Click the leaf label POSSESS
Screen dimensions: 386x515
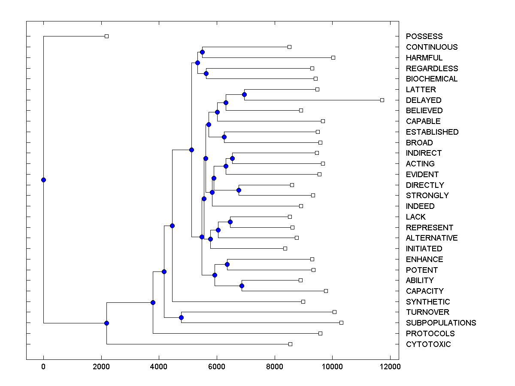pyautogui.click(x=424, y=36)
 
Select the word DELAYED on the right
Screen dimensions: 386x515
pyautogui.click(x=423, y=100)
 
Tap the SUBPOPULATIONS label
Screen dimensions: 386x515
pyautogui.click(x=441, y=323)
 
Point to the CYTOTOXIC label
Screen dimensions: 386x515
pyautogui.click(x=428, y=344)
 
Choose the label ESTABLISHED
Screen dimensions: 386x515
pyautogui.click(x=432, y=132)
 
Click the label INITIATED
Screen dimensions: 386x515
pyautogui.click(x=424, y=249)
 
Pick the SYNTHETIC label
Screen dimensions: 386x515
pyautogui.click(x=427, y=302)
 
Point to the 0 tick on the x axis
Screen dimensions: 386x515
pyautogui.click(x=43, y=367)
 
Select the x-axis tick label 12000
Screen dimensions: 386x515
pyautogui.click(x=390, y=367)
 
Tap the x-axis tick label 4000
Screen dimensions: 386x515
pyautogui.click(x=159, y=367)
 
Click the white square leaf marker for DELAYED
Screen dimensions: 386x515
pyautogui.click(x=382, y=100)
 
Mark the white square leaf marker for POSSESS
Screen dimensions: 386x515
pyautogui.click(x=107, y=36)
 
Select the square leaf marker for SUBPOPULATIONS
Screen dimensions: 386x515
pyautogui.click(x=341, y=323)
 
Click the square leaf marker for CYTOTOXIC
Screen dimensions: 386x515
pyautogui.click(x=290, y=344)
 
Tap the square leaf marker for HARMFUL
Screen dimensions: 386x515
pyautogui.click(x=333, y=57)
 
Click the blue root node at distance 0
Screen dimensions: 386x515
pyautogui.click(x=43, y=180)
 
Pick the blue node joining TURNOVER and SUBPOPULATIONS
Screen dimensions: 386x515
pyautogui.click(x=181, y=317)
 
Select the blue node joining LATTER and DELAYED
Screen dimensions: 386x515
pyautogui.click(x=244, y=94)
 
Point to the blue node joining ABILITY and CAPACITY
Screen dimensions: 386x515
pyautogui.click(x=242, y=286)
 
